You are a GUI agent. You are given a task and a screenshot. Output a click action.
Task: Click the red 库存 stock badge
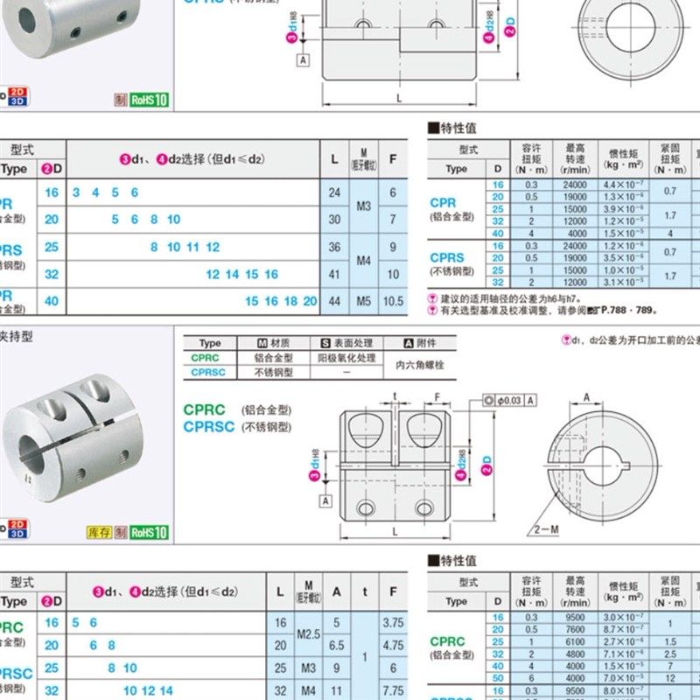[x=98, y=532]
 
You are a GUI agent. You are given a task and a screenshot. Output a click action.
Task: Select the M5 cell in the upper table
[x=364, y=301]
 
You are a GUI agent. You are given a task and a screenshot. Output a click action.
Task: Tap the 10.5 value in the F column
[x=394, y=301]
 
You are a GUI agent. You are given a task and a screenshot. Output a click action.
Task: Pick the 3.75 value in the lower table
[x=393, y=622]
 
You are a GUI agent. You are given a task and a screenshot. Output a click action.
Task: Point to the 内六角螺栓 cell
[x=420, y=365]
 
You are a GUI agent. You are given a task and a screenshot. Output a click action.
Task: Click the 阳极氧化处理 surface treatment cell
[x=346, y=358]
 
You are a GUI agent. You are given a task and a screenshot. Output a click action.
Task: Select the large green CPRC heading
[x=205, y=409]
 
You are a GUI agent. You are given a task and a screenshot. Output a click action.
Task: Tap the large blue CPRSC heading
[x=209, y=427]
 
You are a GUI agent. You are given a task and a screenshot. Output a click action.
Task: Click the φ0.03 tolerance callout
[x=508, y=400]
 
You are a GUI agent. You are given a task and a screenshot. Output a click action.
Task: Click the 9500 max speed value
[x=576, y=617]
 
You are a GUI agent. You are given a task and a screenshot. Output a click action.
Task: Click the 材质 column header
[x=273, y=344]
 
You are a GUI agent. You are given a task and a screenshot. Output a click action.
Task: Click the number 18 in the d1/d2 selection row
[x=290, y=301]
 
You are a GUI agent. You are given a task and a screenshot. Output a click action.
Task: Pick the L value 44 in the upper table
[x=334, y=301]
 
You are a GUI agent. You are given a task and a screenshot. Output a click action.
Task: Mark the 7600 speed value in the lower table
[x=576, y=629]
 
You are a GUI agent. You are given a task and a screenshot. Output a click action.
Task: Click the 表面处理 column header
[x=346, y=344]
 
